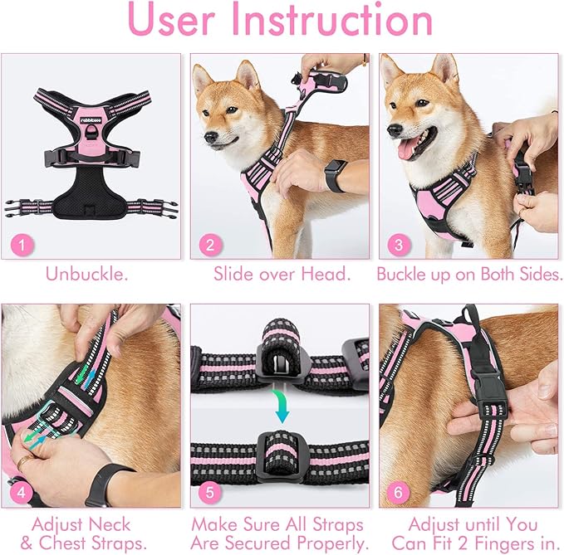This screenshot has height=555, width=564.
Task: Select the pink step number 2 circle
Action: click(x=209, y=245)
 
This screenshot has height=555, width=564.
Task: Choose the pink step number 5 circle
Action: click(x=209, y=490)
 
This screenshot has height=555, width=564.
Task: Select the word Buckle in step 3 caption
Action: click(x=403, y=274)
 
